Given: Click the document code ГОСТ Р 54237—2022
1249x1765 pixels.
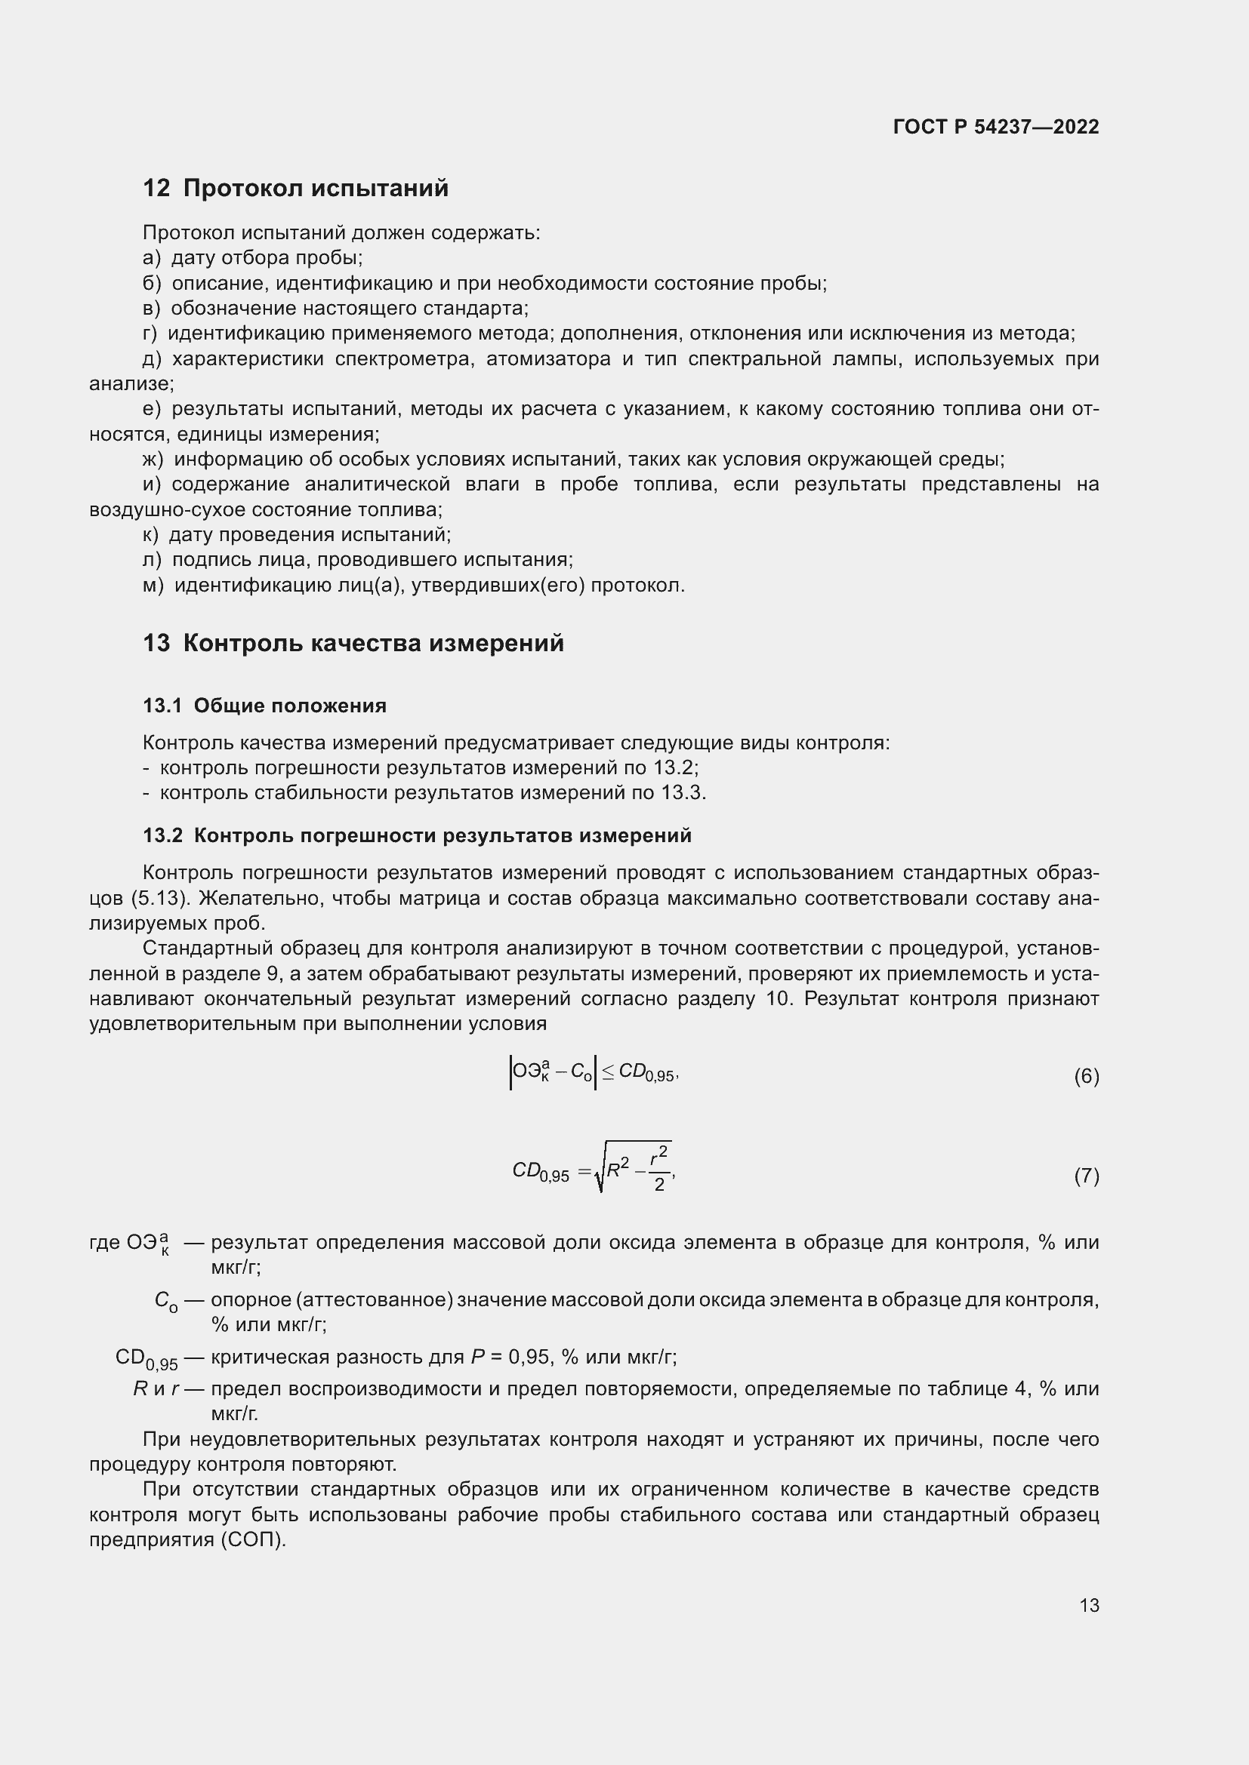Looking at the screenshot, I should (x=996, y=127).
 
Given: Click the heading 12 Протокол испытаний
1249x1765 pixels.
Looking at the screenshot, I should (x=295, y=189).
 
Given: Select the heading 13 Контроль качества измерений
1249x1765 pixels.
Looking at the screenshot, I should (x=353, y=643).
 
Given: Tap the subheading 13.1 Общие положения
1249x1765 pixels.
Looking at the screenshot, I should (x=264, y=706).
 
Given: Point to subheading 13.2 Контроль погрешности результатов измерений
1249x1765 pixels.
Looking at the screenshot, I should (x=417, y=835).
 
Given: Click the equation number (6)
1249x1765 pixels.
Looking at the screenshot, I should (x=1086, y=1076).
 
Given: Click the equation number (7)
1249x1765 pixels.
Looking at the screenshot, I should (x=1086, y=1176).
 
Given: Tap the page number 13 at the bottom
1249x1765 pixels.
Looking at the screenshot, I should (x=1089, y=1605).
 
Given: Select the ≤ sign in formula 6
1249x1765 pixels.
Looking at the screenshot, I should (x=608, y=1072).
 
